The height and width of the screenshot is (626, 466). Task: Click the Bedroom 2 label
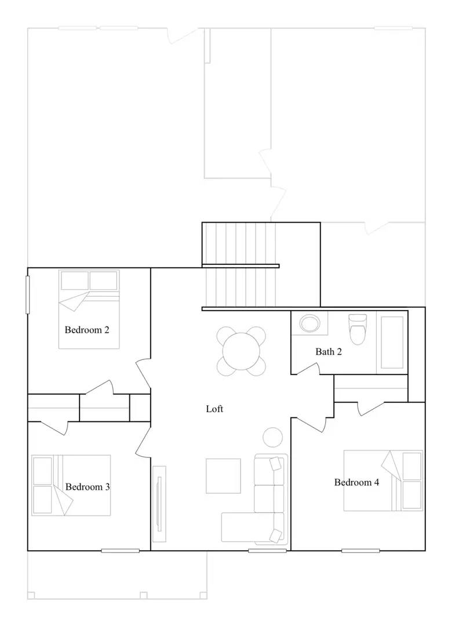click(x=87, y=330)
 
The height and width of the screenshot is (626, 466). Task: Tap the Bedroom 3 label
click(x=88, y=487)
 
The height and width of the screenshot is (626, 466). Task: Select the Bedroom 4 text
click(x=356, y=482)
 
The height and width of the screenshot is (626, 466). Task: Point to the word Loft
click(x=214, y=409)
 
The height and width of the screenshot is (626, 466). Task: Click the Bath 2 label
click(x=329, y=352)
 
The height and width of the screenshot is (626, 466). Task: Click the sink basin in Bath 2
click(x=310, y=324)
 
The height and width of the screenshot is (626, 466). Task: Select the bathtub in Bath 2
click(x=392, y=343)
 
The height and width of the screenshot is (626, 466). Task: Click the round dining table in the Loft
click(x=242, y=350)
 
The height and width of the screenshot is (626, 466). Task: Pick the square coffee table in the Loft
click(x=223, y=476)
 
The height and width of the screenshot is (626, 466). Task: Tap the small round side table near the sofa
click(x=272, y=436)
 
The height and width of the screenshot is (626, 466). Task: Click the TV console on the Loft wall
click(x=159, y=498)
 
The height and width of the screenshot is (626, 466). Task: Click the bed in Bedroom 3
click(x=71, y=485)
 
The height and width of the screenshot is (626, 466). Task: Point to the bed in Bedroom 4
click(x=383, y=481)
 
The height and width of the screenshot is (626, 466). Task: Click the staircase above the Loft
click(x=239, y=265)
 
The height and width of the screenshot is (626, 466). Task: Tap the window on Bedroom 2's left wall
click(x=27, y=294)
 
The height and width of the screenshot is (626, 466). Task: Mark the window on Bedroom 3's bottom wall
click(x=120, y=550)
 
